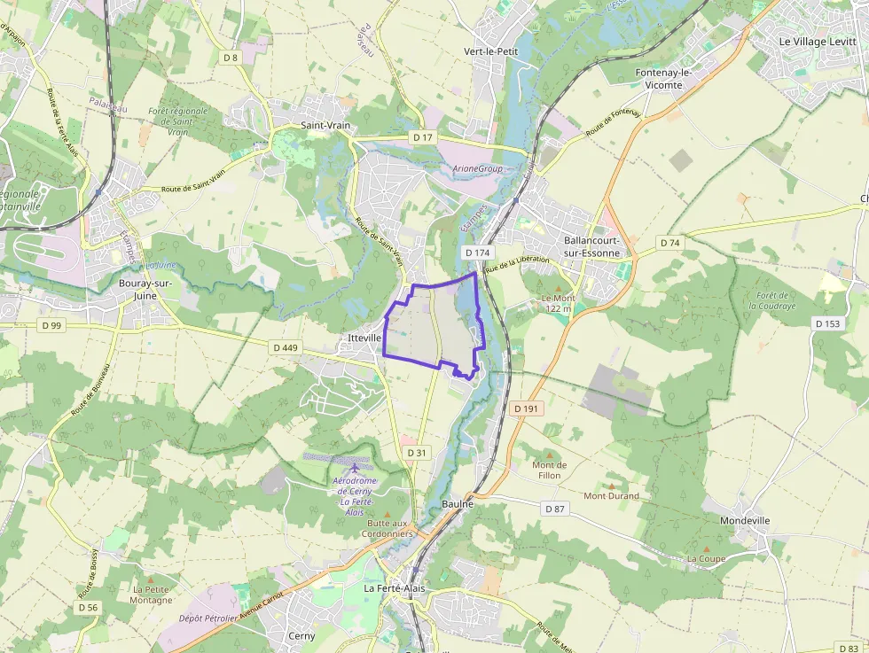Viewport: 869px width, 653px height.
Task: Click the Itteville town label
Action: coord(365,338)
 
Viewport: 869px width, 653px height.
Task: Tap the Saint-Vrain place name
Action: coord(325,126)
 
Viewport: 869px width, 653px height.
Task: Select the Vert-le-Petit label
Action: coord(490,51)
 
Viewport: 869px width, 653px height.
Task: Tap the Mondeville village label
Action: coord(745,521)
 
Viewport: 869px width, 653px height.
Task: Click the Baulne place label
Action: coord(458,503)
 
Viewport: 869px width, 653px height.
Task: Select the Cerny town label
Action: coord(301,636)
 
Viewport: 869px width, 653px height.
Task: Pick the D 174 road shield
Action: coord(478,253)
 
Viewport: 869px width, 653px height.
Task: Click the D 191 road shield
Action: coord(525,408)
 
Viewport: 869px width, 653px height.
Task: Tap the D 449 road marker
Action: coord(285,347)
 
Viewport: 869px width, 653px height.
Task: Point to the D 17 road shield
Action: coord(422,137)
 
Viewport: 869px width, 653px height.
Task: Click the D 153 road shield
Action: coord(826,324)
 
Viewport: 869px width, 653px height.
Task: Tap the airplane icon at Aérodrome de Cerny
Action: coord(355,468)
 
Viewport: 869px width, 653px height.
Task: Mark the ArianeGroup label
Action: coord(477,168)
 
